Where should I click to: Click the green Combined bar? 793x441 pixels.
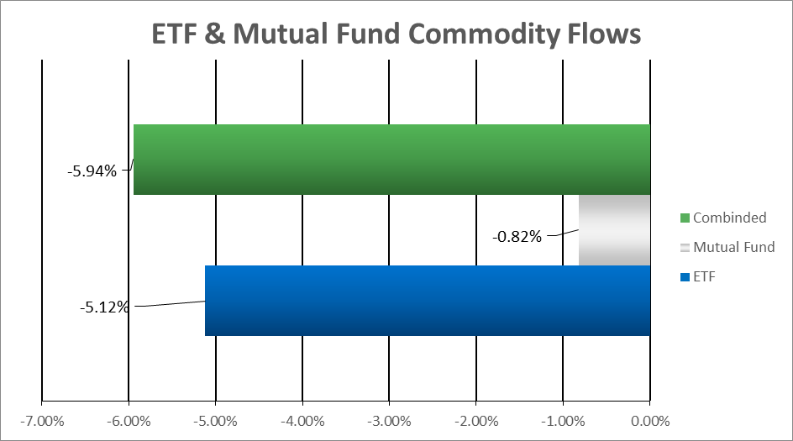(391, 160)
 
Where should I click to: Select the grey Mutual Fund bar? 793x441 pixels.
(614, 230)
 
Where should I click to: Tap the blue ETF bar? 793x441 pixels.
(428, 301)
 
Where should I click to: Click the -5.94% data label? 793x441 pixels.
(92, 171)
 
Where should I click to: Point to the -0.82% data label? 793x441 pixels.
(517, 237)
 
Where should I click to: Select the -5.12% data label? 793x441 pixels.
(104, 307)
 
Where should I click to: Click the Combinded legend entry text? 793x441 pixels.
(730, 218)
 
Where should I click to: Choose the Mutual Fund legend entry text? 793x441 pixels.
(734, 247)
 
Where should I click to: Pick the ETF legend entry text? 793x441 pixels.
(704, 276)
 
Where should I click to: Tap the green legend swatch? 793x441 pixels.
(685, 218)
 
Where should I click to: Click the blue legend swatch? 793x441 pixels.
(685, 277)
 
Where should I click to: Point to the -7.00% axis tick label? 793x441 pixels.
(42, 422)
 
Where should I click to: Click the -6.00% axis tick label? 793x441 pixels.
(129, 422)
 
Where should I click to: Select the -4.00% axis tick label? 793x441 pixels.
(302, 422)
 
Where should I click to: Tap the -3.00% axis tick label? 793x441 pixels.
(389, 422)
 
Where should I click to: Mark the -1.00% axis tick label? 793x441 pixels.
(563, 422)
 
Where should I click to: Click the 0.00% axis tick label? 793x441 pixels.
(650, 422)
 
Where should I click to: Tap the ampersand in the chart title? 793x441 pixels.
(214, 34)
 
